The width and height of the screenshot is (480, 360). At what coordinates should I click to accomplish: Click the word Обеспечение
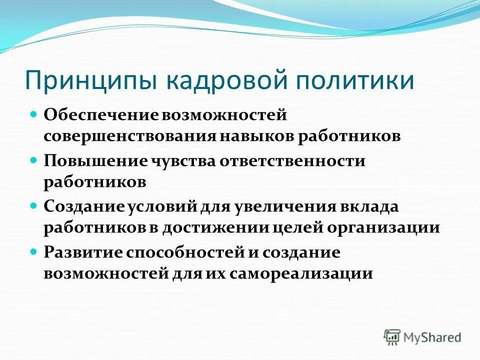[101, 115]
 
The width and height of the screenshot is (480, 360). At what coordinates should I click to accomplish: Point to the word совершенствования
[129, 136]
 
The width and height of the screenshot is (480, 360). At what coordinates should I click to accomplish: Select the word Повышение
[93, 161]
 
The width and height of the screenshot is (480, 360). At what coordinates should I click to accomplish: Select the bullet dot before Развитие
[34, 252]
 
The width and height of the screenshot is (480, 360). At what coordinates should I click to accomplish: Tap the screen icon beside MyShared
[392, 337]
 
